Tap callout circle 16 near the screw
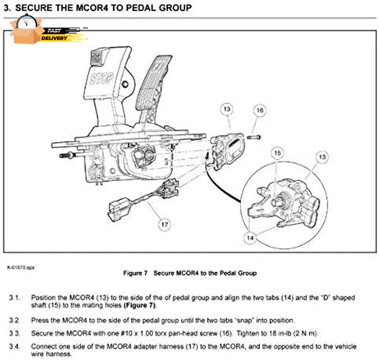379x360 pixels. pos(260,110)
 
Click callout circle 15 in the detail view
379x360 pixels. pos(277,153)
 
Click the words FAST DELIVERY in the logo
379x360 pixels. pos(55,34)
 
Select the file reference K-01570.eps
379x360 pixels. pos(21,267)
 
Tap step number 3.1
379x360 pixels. pos(15,297)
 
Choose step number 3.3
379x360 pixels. pos(15,333)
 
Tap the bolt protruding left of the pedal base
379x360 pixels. pos(67,155)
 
